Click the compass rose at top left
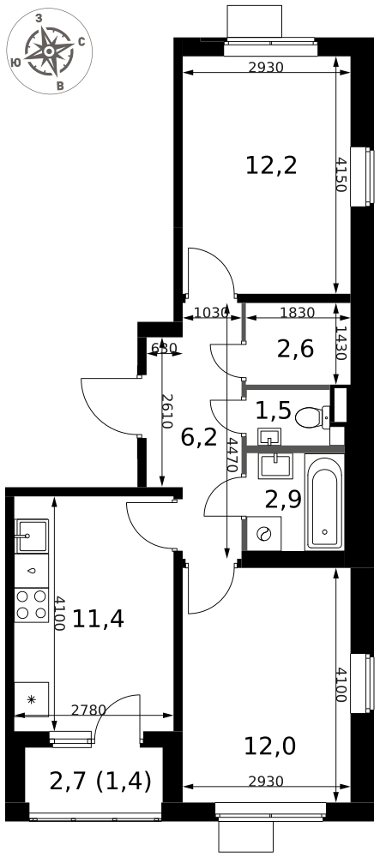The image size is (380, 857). point(49,51)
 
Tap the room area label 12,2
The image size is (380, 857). point(271,165)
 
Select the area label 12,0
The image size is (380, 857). point(270,746)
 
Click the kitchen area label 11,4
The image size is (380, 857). point(99,619)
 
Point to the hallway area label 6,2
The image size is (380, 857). point(199,438)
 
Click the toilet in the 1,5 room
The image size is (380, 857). point(312,417)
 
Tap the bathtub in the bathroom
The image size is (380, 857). point(325,501)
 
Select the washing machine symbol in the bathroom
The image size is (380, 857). point(264,533)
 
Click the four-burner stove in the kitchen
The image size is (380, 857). point(32,605)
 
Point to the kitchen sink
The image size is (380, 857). point(32,536)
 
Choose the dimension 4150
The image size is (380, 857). point(340,175)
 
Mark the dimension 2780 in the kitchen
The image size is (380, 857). point(88,710)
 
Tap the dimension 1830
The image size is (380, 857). point(297,313)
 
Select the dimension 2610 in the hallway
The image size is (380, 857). point(166,411)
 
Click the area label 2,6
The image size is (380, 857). point(295,350)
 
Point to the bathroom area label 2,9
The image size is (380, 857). point(283,499)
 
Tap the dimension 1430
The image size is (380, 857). point(340,343)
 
